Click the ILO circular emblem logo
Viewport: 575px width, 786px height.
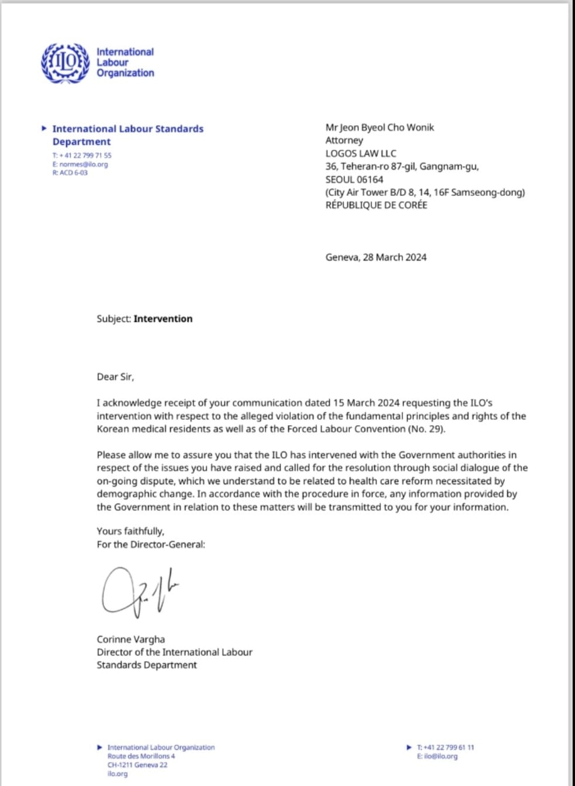(x=64, y=62)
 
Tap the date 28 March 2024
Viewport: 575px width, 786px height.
(x=394, y=257)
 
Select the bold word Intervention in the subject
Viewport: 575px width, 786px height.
(x=163, y=319)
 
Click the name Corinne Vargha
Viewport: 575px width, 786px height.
(x=131, y=639)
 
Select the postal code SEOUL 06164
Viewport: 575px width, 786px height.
(x=354, y=180)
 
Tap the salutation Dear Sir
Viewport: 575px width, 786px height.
(x=115, y=377)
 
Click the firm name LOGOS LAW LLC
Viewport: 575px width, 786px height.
(x=360, y=153)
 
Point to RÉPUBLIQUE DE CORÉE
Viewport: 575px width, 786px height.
(x=376, y=205)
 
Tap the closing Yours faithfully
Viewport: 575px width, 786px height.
(x=130, y=531)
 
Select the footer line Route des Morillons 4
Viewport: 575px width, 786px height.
(x=141, y=756)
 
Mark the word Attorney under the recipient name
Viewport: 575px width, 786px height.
(x=344, y=140)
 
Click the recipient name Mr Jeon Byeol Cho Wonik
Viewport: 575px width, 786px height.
(x=380, y=127)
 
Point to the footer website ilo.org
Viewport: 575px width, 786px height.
(x=117, y=774)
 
